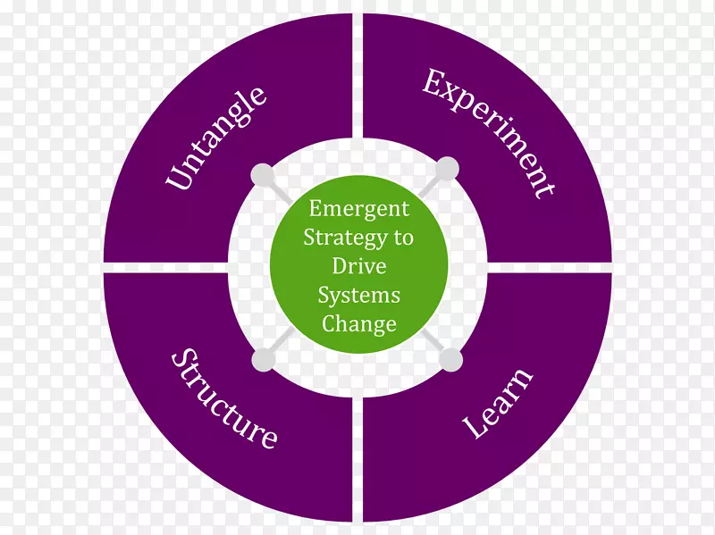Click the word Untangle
click(x=216, y=138)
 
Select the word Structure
click(x=224, y=398)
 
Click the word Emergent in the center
click(x=358, y=209)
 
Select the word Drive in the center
click(x=358, y=266)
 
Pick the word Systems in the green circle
click(x=358, y=296)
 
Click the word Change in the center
click(x=358, y=323)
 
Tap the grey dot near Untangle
click(x=264, y=175)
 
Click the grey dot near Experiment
click(x=447, y=167)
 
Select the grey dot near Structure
click(x=264, y=360)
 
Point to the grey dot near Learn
click(x=451, y=360)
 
